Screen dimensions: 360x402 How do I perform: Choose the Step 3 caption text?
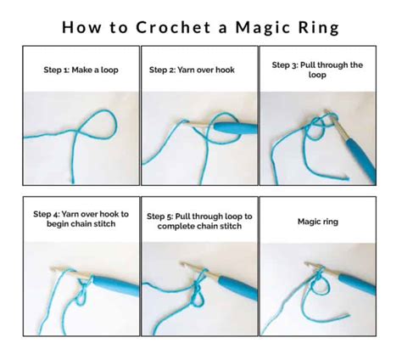point(317,69)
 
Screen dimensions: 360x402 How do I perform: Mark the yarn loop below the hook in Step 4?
point(81,298)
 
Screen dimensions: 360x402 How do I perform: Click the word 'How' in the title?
point(82,27)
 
